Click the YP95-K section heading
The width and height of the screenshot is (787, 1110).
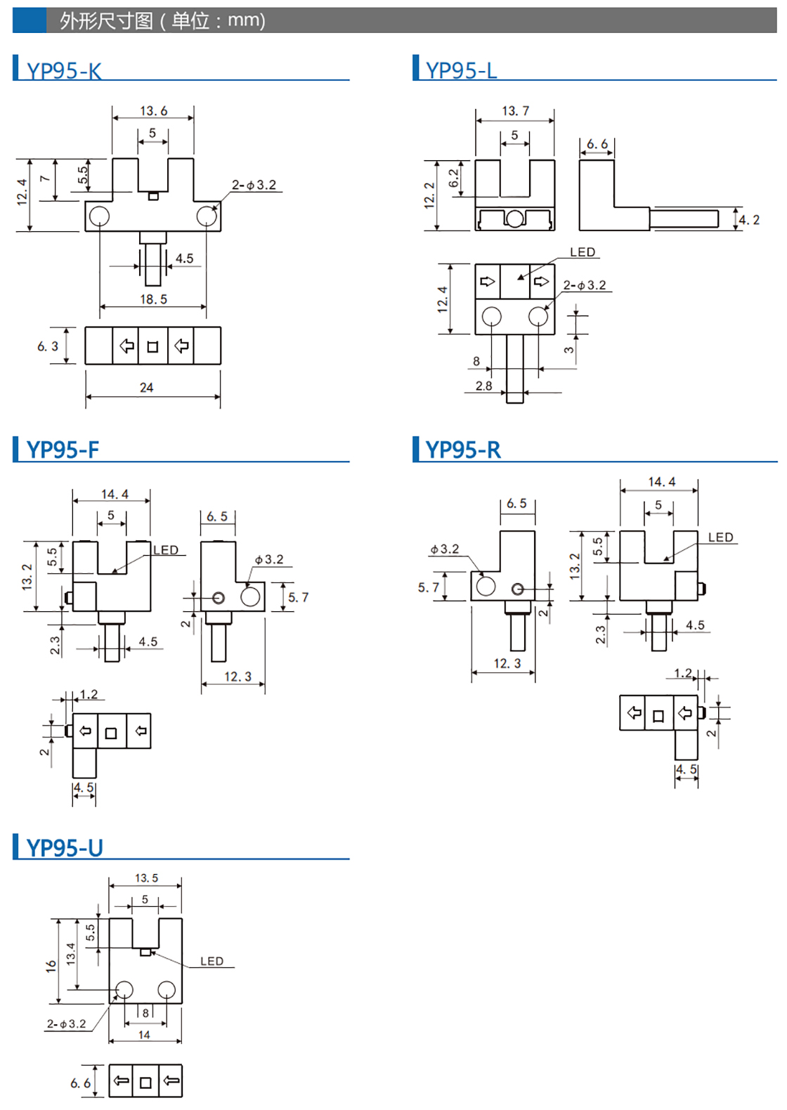click(x=64, y=70)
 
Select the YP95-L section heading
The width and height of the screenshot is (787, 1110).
click(x=461, y=70)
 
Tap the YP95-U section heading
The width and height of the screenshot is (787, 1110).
click(x=65, y=849)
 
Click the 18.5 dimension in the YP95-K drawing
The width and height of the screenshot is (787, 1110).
click(x=154, y=299)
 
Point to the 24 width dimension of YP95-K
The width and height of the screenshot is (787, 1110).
click(x=146, y=388)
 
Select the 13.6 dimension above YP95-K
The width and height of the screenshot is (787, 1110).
click(x=154, y=111)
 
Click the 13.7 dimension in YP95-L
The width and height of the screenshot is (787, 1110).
click(x=516, y=111)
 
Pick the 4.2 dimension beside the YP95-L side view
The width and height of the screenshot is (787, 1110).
click(x=749, y=220)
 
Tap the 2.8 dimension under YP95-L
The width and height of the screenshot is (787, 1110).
click(x=483, y=386)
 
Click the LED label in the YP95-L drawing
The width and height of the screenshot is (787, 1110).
click(x=583, y=252)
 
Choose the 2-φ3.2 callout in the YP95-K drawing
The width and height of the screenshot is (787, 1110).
click(x=254, y=185)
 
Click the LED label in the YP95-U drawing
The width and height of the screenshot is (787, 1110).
click(x=212, y=961)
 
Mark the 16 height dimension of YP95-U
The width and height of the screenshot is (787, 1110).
click(x=51, y=966)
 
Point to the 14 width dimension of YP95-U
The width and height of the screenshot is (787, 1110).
click(x=144, y=1035)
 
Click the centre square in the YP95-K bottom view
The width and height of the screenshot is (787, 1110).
click(x=152, y=347)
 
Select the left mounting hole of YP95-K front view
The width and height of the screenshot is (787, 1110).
click(x=99, y=216)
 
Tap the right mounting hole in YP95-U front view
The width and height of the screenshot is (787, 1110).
click(x=167, y=990)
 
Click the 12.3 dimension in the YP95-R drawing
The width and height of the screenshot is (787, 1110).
click(x=507, y=663)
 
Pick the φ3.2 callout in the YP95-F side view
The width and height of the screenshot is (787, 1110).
click(x=269, y=559)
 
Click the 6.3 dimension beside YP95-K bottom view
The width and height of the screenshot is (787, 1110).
click(x=48, y=346)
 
